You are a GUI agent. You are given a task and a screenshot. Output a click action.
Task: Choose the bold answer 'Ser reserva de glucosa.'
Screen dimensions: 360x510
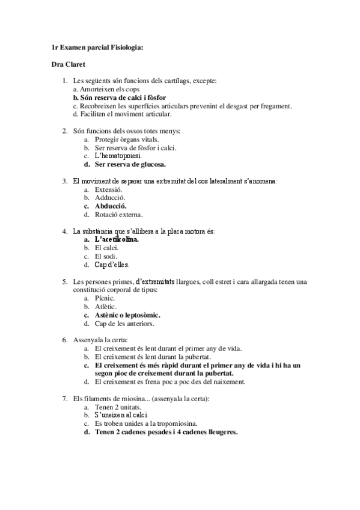click(130, 164)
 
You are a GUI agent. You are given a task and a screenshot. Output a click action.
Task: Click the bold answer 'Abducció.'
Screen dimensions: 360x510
click(111, 206)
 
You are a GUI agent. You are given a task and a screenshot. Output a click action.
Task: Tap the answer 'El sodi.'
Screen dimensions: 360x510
click(107, 256)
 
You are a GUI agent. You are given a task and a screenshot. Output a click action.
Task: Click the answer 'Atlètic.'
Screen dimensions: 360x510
click(106, 306)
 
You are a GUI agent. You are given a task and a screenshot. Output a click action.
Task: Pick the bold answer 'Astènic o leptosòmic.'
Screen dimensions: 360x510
click(128, 315)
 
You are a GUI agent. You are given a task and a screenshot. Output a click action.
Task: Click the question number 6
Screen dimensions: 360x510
click(65, 340)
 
